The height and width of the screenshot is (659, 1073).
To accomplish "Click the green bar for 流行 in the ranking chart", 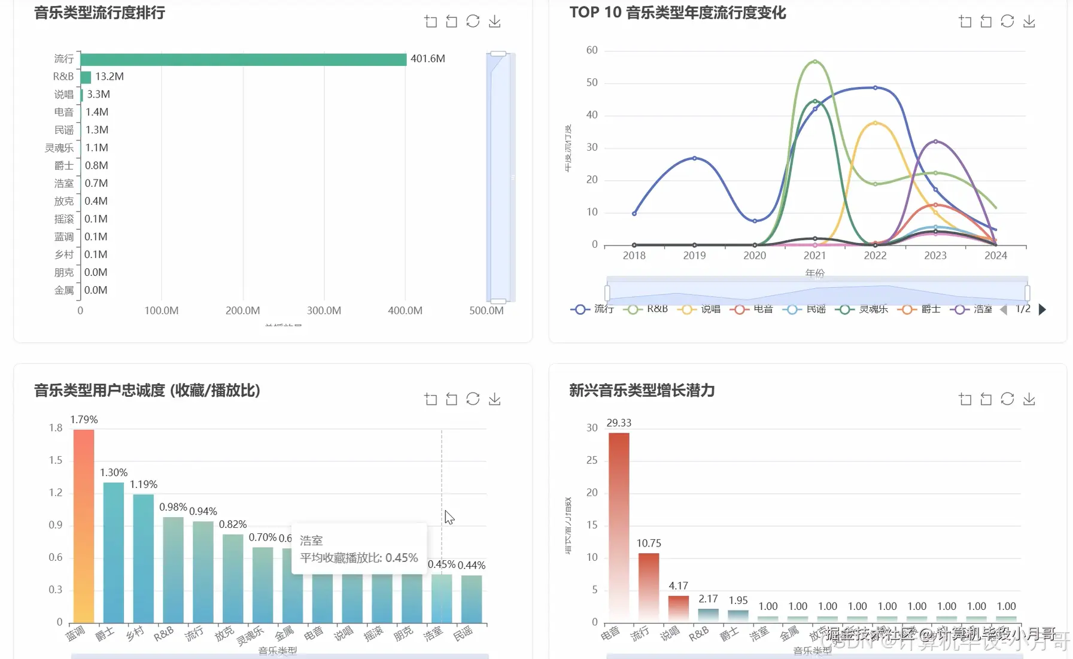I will (243, 59).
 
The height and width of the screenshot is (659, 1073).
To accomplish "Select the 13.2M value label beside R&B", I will (110, 77).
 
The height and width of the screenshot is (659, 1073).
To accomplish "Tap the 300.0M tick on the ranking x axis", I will (324, 311).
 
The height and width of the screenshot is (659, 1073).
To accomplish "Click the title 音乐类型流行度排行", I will (99, 13).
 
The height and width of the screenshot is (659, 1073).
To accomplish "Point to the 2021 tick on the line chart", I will (814, 256).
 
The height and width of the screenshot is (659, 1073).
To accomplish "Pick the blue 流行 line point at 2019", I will (694, 158).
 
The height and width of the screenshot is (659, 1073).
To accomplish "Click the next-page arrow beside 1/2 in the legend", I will (1042, 309).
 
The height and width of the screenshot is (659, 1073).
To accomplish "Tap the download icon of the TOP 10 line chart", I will (1029, 22).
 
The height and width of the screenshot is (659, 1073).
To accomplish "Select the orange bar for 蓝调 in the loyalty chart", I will (84, 526).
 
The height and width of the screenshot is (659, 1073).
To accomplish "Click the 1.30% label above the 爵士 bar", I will (114, 473).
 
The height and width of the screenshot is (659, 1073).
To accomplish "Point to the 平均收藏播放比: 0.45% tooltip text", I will (358, 558).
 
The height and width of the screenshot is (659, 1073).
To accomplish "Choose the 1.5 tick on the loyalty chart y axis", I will (56, 460).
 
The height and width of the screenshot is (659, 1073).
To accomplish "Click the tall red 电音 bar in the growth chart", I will (619, 527).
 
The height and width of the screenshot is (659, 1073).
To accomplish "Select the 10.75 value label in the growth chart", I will (649, 543).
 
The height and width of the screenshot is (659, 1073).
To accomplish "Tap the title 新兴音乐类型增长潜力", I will (642, 391).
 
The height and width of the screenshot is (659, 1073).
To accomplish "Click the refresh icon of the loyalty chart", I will (473, 399).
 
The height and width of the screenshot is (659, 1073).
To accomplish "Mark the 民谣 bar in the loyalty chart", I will (472, 599).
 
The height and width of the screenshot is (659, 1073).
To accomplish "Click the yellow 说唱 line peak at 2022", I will (875, 123).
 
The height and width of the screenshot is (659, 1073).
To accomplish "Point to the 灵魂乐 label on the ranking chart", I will (59, 148).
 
